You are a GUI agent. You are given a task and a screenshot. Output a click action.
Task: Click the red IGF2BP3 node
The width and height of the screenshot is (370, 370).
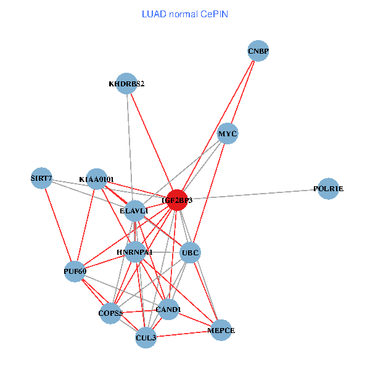[x=177, y=200]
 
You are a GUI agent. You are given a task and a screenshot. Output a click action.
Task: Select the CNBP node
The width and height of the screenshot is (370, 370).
[x=258, y=51]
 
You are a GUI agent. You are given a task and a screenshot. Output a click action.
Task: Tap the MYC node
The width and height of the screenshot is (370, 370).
[x=228, y=134]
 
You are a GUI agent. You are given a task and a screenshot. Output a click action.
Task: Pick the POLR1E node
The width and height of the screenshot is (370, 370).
[x=329, y=189]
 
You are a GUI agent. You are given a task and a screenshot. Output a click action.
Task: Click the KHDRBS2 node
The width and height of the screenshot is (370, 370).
[x=126, y=84]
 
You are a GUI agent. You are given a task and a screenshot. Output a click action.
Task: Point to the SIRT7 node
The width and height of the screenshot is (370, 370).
[x=42, y=179]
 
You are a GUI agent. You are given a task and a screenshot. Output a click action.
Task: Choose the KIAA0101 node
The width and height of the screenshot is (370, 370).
[x=96, y=179]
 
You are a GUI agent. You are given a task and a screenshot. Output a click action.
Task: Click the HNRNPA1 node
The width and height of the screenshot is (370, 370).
[x=134, y=252]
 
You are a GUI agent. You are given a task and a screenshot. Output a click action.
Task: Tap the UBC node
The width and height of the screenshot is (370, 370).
[x=190, y=252]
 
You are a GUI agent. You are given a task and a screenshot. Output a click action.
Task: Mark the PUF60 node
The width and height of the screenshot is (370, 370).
[x=75, y=271]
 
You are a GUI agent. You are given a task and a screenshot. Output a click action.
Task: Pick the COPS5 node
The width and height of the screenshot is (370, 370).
[x=111, y=313]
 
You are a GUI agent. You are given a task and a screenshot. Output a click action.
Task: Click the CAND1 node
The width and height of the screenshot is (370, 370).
[x=168, y=309]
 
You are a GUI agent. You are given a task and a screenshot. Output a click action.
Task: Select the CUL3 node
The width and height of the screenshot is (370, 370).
[x=146, y=337]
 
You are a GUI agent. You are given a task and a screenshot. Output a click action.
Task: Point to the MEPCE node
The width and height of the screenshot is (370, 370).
[x=222, y=331]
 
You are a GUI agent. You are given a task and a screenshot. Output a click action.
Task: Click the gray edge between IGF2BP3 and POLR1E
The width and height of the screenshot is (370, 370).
[x=253, y=194]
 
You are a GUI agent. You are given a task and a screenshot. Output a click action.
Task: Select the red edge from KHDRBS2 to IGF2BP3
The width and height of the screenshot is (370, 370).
[x=152, y=142]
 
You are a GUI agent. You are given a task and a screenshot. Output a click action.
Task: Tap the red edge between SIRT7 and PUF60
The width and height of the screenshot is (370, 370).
[x=58, y=224]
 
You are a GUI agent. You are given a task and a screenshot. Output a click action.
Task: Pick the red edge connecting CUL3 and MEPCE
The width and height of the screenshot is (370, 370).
[x=184, y=334]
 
